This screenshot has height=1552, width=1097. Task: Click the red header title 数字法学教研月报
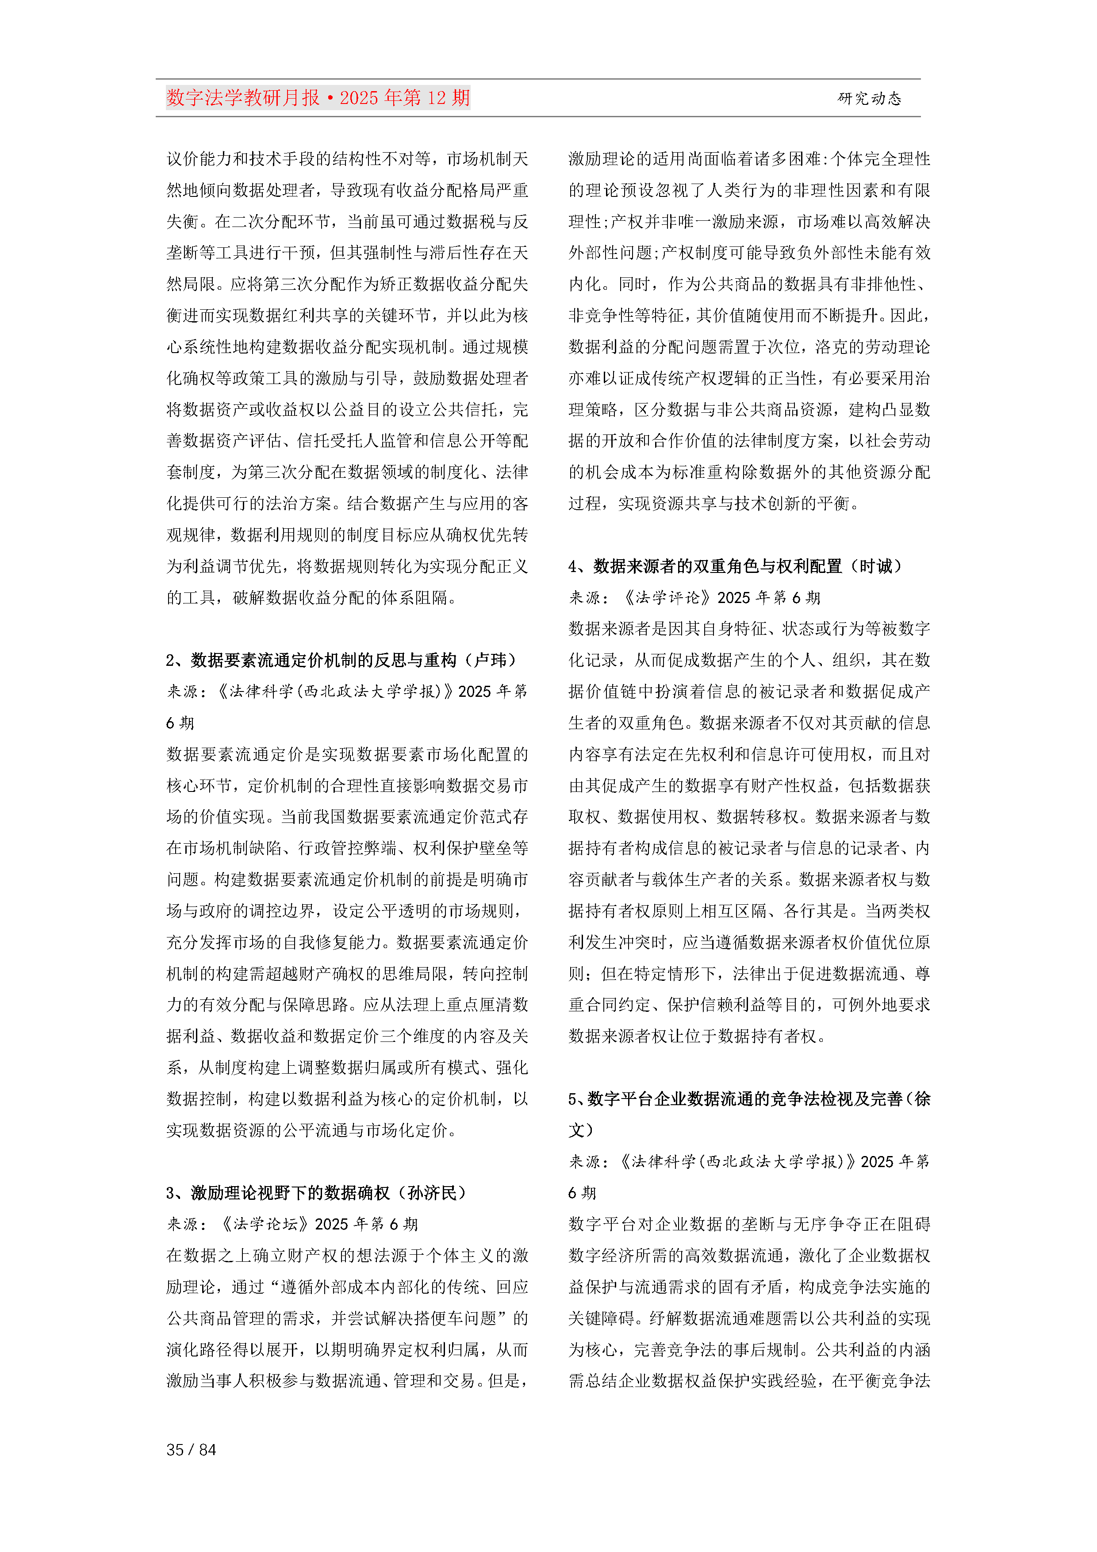coord(243,98)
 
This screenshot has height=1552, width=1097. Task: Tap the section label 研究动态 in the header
coord(869,99)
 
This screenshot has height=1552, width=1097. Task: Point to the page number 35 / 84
coord(191,1449)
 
